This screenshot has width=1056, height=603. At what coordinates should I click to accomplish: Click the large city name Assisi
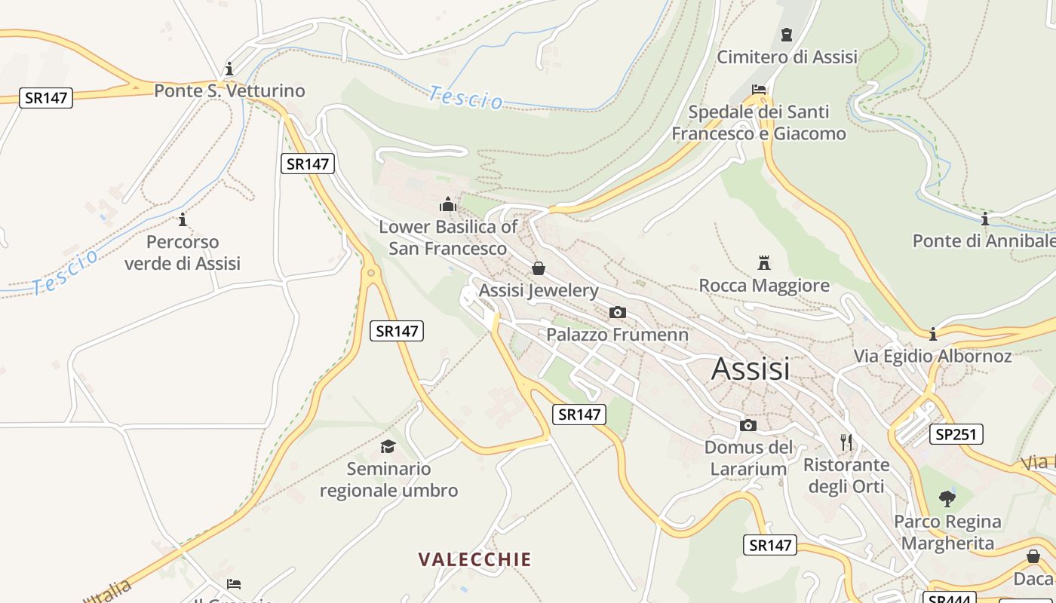[x=751, y=369]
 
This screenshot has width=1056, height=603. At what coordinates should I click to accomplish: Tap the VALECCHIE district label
[x=475, y=559]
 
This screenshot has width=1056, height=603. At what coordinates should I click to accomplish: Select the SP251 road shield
[x=959, y=434]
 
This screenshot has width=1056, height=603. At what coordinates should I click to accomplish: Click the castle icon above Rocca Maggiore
[x=764, y=263]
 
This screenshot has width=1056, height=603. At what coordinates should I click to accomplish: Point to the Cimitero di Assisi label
[x=787, y=57]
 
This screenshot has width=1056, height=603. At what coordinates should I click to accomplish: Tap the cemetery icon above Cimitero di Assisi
[x=787, y=35]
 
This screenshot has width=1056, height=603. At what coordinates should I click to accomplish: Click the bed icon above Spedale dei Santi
[x=759, y=90]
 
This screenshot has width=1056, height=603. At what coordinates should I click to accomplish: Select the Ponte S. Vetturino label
[x=229, y=90]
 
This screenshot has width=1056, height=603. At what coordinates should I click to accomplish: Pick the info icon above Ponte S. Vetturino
[x=229, y=69]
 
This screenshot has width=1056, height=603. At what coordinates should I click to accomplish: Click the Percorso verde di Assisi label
[x=183, y=253]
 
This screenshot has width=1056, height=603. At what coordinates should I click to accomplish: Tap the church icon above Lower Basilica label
[x=448, y=204]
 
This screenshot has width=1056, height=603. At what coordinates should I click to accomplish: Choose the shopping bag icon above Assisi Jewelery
[x=539, y=268]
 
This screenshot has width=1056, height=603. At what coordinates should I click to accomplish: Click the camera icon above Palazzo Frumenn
[x=617, y=312]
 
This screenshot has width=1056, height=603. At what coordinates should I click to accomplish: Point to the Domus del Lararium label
[x=749, y=458]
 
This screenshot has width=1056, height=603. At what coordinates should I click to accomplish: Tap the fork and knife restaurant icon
[x=846, y=442]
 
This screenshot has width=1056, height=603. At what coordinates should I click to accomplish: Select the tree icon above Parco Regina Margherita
[x=947, y=499]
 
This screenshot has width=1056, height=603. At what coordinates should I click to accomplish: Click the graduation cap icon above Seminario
[x=388, y=446]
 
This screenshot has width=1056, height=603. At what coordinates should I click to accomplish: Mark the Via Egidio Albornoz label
[x=932, y=356]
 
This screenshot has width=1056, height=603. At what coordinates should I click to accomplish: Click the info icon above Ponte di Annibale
[x=984, y=219]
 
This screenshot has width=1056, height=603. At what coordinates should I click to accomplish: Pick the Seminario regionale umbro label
[x=388, y=479]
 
